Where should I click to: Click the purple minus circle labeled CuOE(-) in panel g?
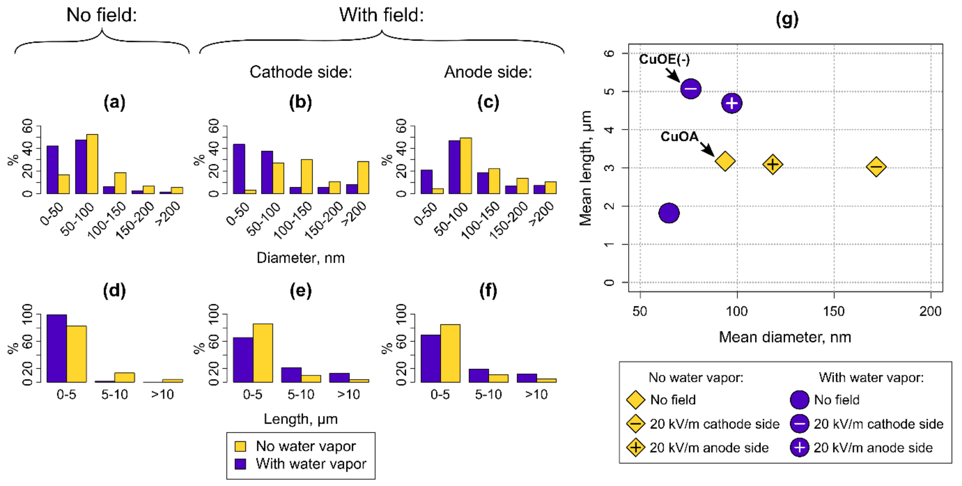pyautogui.click(x=691, y=89)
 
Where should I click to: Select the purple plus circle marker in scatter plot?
pyautogui.click(x=731, y=103)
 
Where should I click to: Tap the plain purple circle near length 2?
pyautogui.click(x=669, y=213)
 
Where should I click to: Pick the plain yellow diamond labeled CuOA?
pyautogui.click(x=725, y=161)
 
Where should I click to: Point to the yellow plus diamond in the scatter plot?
pyautogui.click(x=772, y=164)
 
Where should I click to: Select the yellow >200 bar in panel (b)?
pyautogui.click(x=363, y=178)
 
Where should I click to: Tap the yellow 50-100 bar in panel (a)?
pyautogui.click(x=92, y=164)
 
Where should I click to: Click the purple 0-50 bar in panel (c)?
pyautogui.click(x=426, y=182)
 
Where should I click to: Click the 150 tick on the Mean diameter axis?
pyautogui.click(x=834, y=311)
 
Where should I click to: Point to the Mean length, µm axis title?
pyautogui.click(x=585, y=168)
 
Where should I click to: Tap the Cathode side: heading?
pyautogui.click(x=301, y=72)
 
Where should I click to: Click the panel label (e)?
pyautogui.click(x=301, y=291)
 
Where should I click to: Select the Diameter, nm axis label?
pyautogui.click(x=301, y=258)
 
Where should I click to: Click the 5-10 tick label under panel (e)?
pyautogui.click(x=301, y=395)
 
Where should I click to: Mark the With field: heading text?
pyautogui.click(x=381, y=15)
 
